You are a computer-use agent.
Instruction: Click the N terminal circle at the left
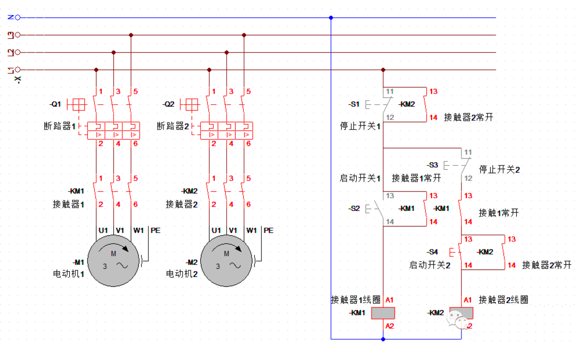click(18, 18)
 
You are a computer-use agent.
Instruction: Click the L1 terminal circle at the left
click(18, 70)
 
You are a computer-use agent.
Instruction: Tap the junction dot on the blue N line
click(331, 18)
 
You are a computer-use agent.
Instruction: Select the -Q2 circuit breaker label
click(169, 104)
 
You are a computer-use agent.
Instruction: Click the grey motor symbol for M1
click(113, 261)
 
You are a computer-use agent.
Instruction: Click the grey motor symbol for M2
click(226, 261)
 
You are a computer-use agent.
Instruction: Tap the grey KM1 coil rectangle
click(383, 313)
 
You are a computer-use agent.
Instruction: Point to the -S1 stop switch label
click(354, 104)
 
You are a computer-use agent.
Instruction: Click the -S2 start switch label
click(354, 208)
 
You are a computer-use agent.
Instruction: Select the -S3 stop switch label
click(433, 165)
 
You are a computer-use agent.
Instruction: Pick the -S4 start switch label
click(433, 252)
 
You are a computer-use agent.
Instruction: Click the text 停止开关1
click(360, 126)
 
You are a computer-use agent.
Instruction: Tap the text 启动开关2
click(430, 265)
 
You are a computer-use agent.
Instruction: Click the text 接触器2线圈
click(503, 300)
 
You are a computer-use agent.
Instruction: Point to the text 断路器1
click(59, 126)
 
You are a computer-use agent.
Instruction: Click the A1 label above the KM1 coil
click(389, 300)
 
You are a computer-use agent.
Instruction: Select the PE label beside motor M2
click(269, 230)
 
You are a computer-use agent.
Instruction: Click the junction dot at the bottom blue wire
click(383, 339)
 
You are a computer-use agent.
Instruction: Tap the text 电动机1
click(68, 274)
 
